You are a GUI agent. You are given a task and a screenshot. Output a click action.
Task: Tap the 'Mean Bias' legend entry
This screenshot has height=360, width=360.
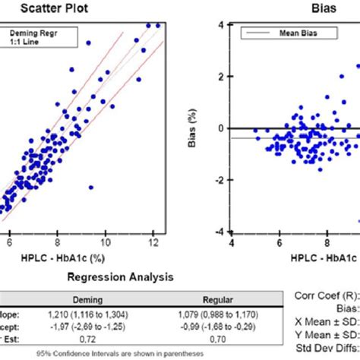click(290, 33)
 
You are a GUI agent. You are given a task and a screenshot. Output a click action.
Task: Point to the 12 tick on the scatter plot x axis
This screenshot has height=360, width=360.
click(154, 243)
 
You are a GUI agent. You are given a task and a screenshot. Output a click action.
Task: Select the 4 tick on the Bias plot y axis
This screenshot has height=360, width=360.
click(220, 25)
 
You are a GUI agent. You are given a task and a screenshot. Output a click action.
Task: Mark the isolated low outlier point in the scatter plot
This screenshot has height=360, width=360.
click(91, 186)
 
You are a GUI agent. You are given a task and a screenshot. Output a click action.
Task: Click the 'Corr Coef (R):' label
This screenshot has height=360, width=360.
click(327, 299)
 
